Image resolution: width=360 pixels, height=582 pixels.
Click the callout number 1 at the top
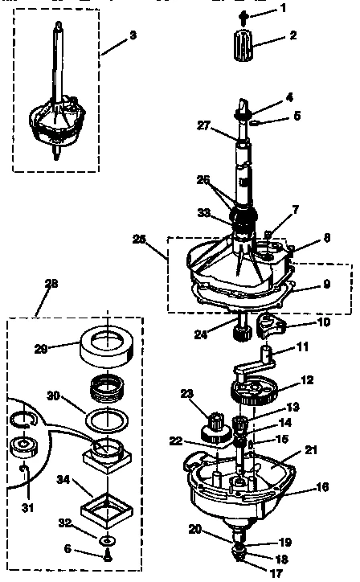point(282,8)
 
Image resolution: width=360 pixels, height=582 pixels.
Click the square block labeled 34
point(107,509)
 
